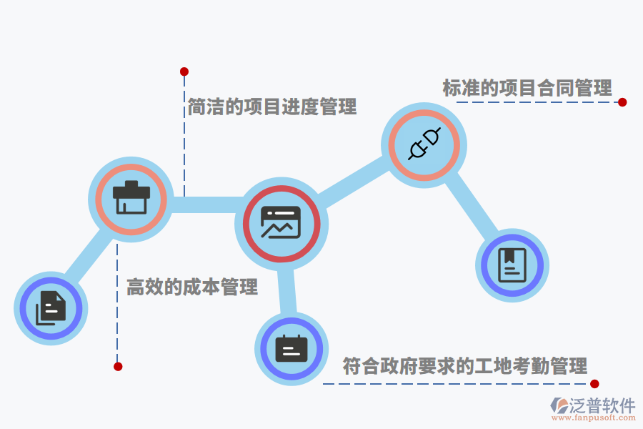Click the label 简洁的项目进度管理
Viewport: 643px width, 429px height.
[x=272, y=107]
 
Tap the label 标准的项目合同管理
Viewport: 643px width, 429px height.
[x=527, y=88]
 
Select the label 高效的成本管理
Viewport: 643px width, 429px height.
[x=192, y=287]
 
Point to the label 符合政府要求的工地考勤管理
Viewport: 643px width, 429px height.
[x=465, y=366]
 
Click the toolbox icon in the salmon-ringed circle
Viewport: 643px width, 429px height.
[x=131, y=197]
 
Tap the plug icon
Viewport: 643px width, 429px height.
[x=424, y=144]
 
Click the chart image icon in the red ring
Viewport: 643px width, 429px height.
[x=281, y=222]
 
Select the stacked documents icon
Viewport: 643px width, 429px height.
[x=51, y=308]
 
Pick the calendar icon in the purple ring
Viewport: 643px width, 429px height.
[x=291, y=348]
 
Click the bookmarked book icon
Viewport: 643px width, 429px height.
[x=512, y=265]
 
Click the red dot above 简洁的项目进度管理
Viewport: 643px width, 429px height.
[x=184, y=71]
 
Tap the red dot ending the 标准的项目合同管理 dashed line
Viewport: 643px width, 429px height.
[x=622, y=102]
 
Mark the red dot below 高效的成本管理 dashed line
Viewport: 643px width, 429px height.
[x=118, y=367]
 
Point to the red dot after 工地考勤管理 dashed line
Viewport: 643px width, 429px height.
[x=594, y=384]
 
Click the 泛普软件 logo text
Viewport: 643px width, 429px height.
[x=602, y=405]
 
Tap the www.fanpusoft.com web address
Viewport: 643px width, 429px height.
[x=594, y=418]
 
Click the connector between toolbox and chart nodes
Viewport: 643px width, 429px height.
[x=205, y=205]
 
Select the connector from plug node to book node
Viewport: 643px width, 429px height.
[x=472, y=203]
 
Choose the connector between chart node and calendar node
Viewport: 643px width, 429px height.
[x=286, y=291]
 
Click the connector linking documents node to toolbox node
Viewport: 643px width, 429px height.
[x=88, y=256]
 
